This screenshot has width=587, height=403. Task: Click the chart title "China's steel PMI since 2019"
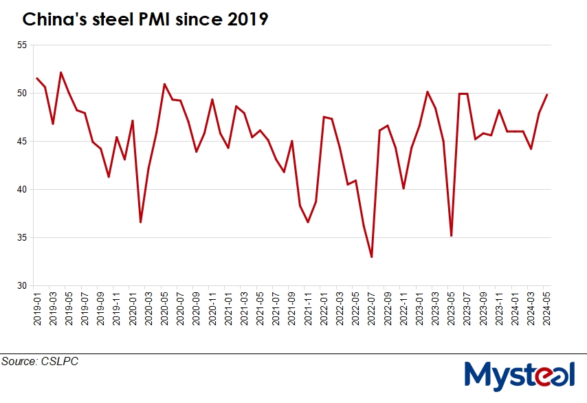144,21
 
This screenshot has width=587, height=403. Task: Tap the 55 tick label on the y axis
22,45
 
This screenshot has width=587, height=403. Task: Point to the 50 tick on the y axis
22,94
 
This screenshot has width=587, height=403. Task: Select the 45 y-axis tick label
22,142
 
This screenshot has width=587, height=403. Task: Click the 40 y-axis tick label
22,190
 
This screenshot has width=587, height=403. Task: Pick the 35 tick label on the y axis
22,238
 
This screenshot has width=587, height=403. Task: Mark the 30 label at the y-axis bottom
22,286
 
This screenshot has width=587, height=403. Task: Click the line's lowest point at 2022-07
372,257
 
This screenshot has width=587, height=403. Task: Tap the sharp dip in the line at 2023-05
452,236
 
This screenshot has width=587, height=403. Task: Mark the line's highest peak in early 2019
61,72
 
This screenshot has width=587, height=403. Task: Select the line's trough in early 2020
140,222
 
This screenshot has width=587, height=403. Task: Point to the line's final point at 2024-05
547,95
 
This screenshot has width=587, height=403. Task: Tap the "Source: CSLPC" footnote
40,361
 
